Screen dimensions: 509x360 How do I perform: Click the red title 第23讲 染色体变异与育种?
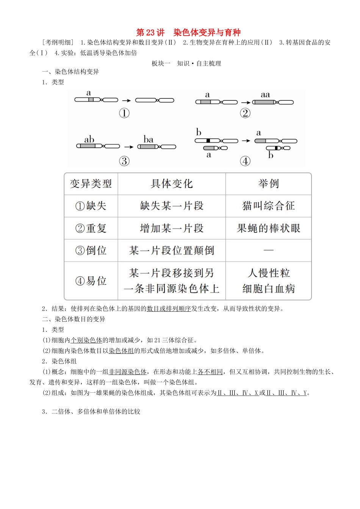click(x=188, y=32)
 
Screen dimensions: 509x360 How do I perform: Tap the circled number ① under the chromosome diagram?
click(x=124, y=113)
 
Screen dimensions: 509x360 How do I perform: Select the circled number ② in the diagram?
click(x=245, y=113)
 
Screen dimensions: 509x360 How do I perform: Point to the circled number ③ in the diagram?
click(x=124, y=161)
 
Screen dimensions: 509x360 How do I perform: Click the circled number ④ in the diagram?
click(x=245, y=161)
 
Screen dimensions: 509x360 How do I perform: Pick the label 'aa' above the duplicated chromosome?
click(x=265, y=95)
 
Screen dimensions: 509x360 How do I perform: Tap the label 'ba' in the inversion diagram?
click(x=149, y=139)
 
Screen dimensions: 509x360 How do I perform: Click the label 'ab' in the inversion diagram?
click(x=89, y=139)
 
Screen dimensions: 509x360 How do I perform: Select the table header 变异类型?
click(x=91, y=184)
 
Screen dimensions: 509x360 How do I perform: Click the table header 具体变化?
click(x=172, y=184)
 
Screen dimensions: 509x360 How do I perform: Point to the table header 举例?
click(x=268, y=184)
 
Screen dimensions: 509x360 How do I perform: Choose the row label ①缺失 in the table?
click(x=91, y=206)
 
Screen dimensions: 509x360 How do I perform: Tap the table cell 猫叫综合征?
click(x=268, y=206)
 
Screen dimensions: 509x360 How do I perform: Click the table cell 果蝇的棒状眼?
click(x=268, y=228)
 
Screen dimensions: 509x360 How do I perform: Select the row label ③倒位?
click(x=91, y=250)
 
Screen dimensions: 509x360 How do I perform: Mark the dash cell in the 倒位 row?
click(x=268, y=250)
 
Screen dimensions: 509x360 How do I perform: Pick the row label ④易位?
click(x=91, y=281)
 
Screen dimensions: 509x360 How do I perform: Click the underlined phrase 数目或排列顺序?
click(x=169, y=309)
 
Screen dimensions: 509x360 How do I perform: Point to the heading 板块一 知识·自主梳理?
click(x=186, y=63)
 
